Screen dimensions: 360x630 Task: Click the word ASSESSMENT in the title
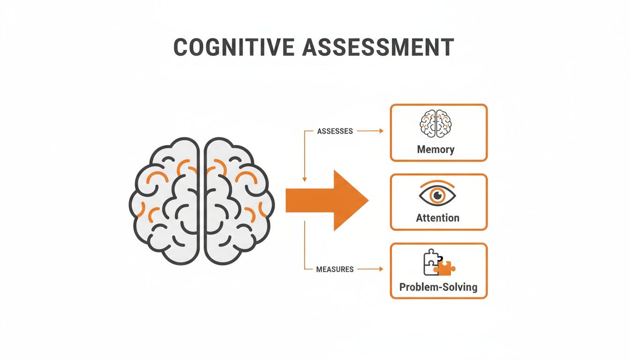pos(373,47)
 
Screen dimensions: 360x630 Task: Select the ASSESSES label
pos(335,131)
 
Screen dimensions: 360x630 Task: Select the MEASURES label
pos(335,270)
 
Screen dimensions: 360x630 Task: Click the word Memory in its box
pos(435,150)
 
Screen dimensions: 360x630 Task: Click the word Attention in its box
pos(438,218)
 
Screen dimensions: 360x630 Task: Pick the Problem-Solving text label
pos(438,287)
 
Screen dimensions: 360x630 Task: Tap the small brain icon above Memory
pos(436,124)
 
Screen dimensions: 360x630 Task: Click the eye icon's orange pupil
pos(438,196)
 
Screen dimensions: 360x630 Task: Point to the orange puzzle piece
pos(444,268)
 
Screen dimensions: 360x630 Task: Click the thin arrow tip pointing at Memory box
pos(382,131)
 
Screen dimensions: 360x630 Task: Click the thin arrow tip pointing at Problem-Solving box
pos(382,270)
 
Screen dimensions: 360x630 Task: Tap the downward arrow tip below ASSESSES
pos(305,180)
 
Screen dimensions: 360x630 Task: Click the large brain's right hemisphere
pos(239,202)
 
